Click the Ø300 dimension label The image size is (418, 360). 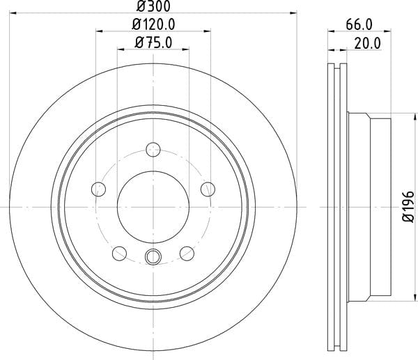pyautogui.click(x=153, y=6)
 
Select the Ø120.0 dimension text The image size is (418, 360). pyautogui.click(x=153, y=25)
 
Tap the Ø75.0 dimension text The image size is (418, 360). pyautogui.click(x=153, y=42)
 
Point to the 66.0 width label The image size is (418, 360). pyautogui.click(x=359, y=25)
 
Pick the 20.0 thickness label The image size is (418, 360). pyautogui.click(x=368, y=43)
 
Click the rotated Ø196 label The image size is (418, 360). pyautogui.click(x=408, y=207)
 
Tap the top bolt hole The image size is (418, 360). pyautogui.click(x=153, y=150)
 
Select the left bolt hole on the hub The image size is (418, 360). pyautogui.click(x=99, y=189)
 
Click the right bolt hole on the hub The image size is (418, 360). pyautogui.click(x=208, y=189)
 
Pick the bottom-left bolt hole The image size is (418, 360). pyautogui.click(x=119, y=253)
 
